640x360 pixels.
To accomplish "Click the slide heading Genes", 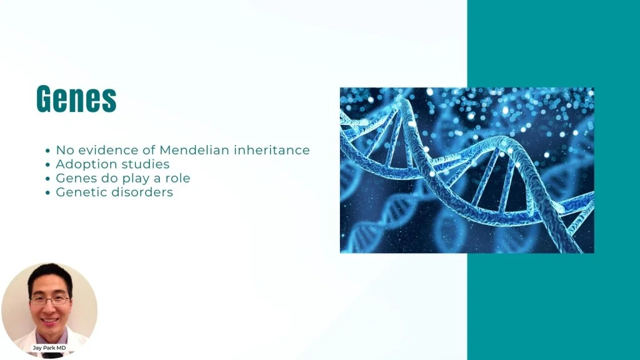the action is pos(76,98).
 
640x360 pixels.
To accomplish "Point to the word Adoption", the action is pos(84,164).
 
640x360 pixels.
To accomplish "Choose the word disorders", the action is pos(142,192).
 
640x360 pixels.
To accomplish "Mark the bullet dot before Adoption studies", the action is pos(47,165).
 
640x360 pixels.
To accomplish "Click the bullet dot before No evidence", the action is pos(47,151).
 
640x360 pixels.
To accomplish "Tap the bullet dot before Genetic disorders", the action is pos(47,192).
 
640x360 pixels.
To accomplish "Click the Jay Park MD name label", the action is pos(49,347).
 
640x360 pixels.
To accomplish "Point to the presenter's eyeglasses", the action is pos(50,301).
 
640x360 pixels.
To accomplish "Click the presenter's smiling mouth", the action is pos(50,321).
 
